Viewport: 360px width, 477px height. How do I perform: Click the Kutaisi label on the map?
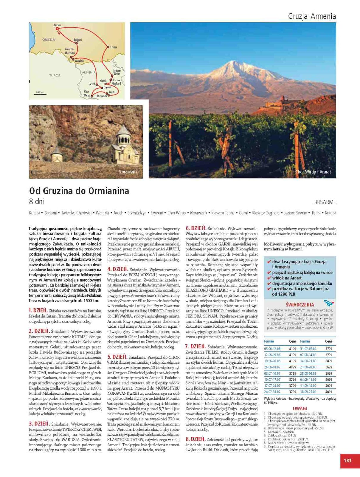point(57,25)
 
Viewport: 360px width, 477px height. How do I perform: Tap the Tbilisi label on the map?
point(113,47)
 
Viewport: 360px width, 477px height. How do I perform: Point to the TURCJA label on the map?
point(55,75)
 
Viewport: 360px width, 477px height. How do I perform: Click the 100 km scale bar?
point(40,94)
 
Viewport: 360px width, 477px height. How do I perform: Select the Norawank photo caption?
point(128,172)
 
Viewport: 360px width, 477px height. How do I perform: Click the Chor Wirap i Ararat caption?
point(313,172)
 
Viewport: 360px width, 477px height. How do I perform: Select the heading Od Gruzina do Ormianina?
point(79,191)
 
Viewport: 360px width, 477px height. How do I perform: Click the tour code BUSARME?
point(325,202)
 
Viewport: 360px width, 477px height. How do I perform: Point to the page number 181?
point(347,461)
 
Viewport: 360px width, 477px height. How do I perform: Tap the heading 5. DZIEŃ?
point(117,357)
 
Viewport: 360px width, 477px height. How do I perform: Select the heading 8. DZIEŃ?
point(195,439)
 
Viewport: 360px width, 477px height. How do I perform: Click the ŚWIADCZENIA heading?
point(300,305)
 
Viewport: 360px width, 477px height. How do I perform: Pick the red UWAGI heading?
point(300,408)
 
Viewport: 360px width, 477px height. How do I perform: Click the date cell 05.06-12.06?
point(272,349)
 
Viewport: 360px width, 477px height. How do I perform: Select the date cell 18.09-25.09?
point(308,392)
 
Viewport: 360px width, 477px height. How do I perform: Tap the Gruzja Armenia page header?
point(312,16)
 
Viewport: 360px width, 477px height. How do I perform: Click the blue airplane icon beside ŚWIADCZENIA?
point(328,303)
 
